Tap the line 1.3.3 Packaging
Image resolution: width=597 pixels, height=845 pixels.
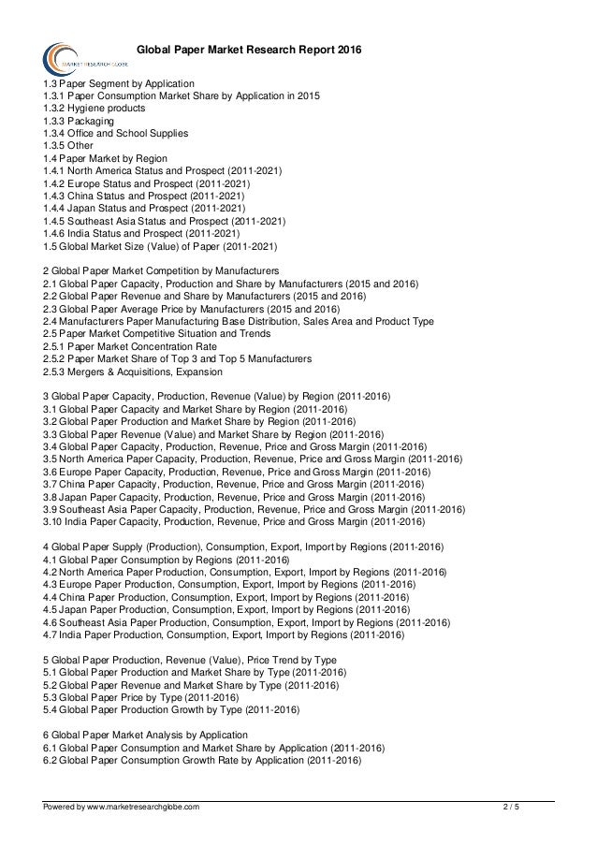tap(80, 122)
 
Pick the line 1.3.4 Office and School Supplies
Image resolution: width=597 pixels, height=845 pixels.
tap(116, 134)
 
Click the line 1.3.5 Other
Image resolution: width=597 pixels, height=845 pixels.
tap(71, 147)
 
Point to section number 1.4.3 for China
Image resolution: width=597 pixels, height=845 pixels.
tap(56, 197)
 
